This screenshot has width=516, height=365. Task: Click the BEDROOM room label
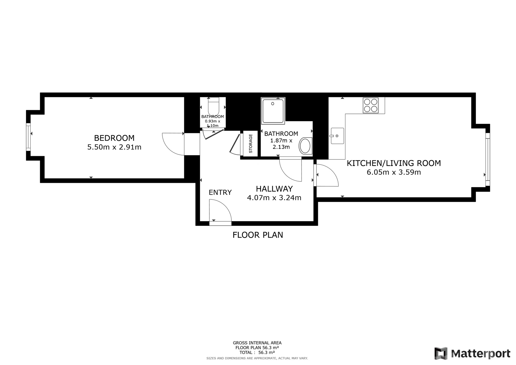pyautogui.click(x=114, y=138)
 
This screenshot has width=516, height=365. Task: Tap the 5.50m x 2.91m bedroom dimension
pyautogui.click(x=114, y=147)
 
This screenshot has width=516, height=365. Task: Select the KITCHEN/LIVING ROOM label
pyautogui.click(x=394, y=163)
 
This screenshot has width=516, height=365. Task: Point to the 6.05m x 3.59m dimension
pyautogui.click(x=394, y=172)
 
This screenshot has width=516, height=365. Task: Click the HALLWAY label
pyautogui.click(x=274, y=189)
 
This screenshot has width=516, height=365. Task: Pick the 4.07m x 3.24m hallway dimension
pyautogui.click(x=274, y=198)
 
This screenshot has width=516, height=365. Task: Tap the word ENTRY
pyautogui.click(x=220, y=192)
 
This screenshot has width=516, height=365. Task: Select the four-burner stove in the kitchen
pyautogui.click(x=371, y=105)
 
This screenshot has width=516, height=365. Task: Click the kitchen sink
pyautogui.click(x=337, y=136)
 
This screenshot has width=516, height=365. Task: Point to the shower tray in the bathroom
pyautogui.click(x=273, y=111)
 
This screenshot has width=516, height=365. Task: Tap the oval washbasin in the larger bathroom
pyautogui.click(x=306, y=146)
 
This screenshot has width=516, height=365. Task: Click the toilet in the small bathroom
pyautogui.click(x=214, y=106)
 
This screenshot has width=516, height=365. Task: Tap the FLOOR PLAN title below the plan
pyautogui.click(x=258, y=235)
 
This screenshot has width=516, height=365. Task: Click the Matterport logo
pyautogui.click(x=472, y=353)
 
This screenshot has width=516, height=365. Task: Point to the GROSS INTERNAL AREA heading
pyautogui.click(x=257, y=343)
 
